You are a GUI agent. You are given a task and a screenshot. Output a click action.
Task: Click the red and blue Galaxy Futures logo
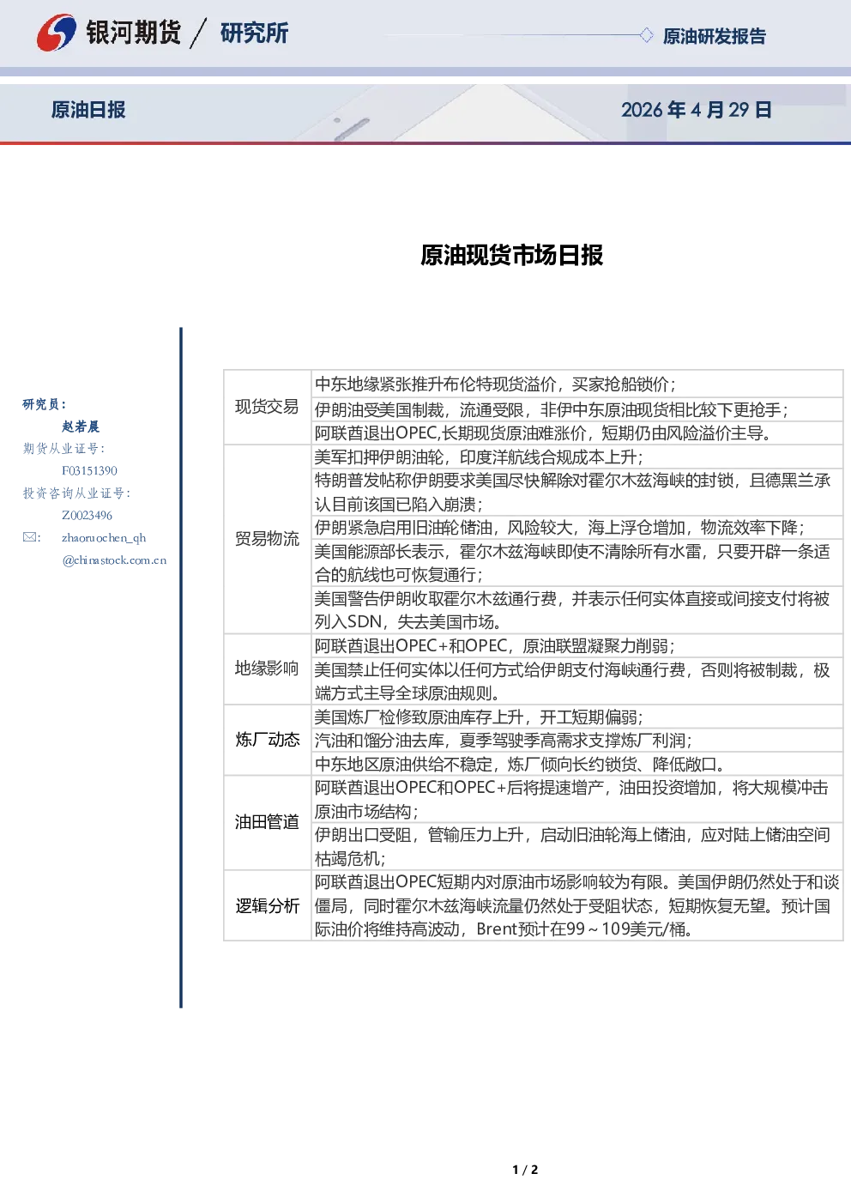tap(56, 33)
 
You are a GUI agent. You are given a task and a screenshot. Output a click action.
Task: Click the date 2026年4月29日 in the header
tap(697, 110)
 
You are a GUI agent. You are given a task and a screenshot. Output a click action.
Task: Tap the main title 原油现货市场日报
tap(511, 255)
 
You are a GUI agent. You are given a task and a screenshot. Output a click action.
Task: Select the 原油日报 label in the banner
tap(88, 110)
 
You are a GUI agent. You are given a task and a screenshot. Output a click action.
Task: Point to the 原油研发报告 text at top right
tap(714, 36)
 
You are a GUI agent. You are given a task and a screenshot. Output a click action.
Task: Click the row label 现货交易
tap(267, 407)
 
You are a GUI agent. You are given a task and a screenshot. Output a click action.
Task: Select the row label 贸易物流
tap(267, 539)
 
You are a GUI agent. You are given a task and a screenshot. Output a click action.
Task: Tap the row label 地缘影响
tap(267, 669)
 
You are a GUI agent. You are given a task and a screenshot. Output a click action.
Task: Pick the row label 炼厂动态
tap(267, 740)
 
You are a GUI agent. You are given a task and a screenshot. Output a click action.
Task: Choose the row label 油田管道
tap(267, 822)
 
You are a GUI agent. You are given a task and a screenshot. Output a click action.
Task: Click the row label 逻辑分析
tap(267, 905)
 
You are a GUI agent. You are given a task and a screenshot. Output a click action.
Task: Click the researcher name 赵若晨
tap(81, 427)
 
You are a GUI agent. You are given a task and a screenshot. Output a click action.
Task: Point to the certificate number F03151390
tap(89, 471)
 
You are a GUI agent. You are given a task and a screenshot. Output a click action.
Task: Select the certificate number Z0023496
tap(87, 516)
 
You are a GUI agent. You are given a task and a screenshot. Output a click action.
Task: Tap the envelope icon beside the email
tap(29, 537)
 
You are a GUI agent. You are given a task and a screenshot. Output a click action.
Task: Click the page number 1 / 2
tap(525, 1170)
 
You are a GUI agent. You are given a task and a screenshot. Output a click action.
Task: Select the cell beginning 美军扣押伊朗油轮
tap(576, 457)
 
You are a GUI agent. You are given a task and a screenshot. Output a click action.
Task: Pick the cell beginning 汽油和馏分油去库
tap(576, 741)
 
